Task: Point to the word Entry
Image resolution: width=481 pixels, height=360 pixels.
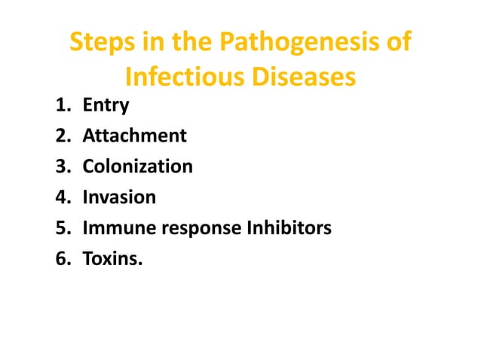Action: click(x=106, y=106)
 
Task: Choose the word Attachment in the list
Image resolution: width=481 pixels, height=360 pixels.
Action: click(x=134, y=136)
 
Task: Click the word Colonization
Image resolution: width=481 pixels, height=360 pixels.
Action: click(x=137, y=166)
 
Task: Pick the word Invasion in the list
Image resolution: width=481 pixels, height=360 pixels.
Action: click(x=119, y=197)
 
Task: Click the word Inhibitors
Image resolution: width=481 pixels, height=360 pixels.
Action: click(x=289, y=227)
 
